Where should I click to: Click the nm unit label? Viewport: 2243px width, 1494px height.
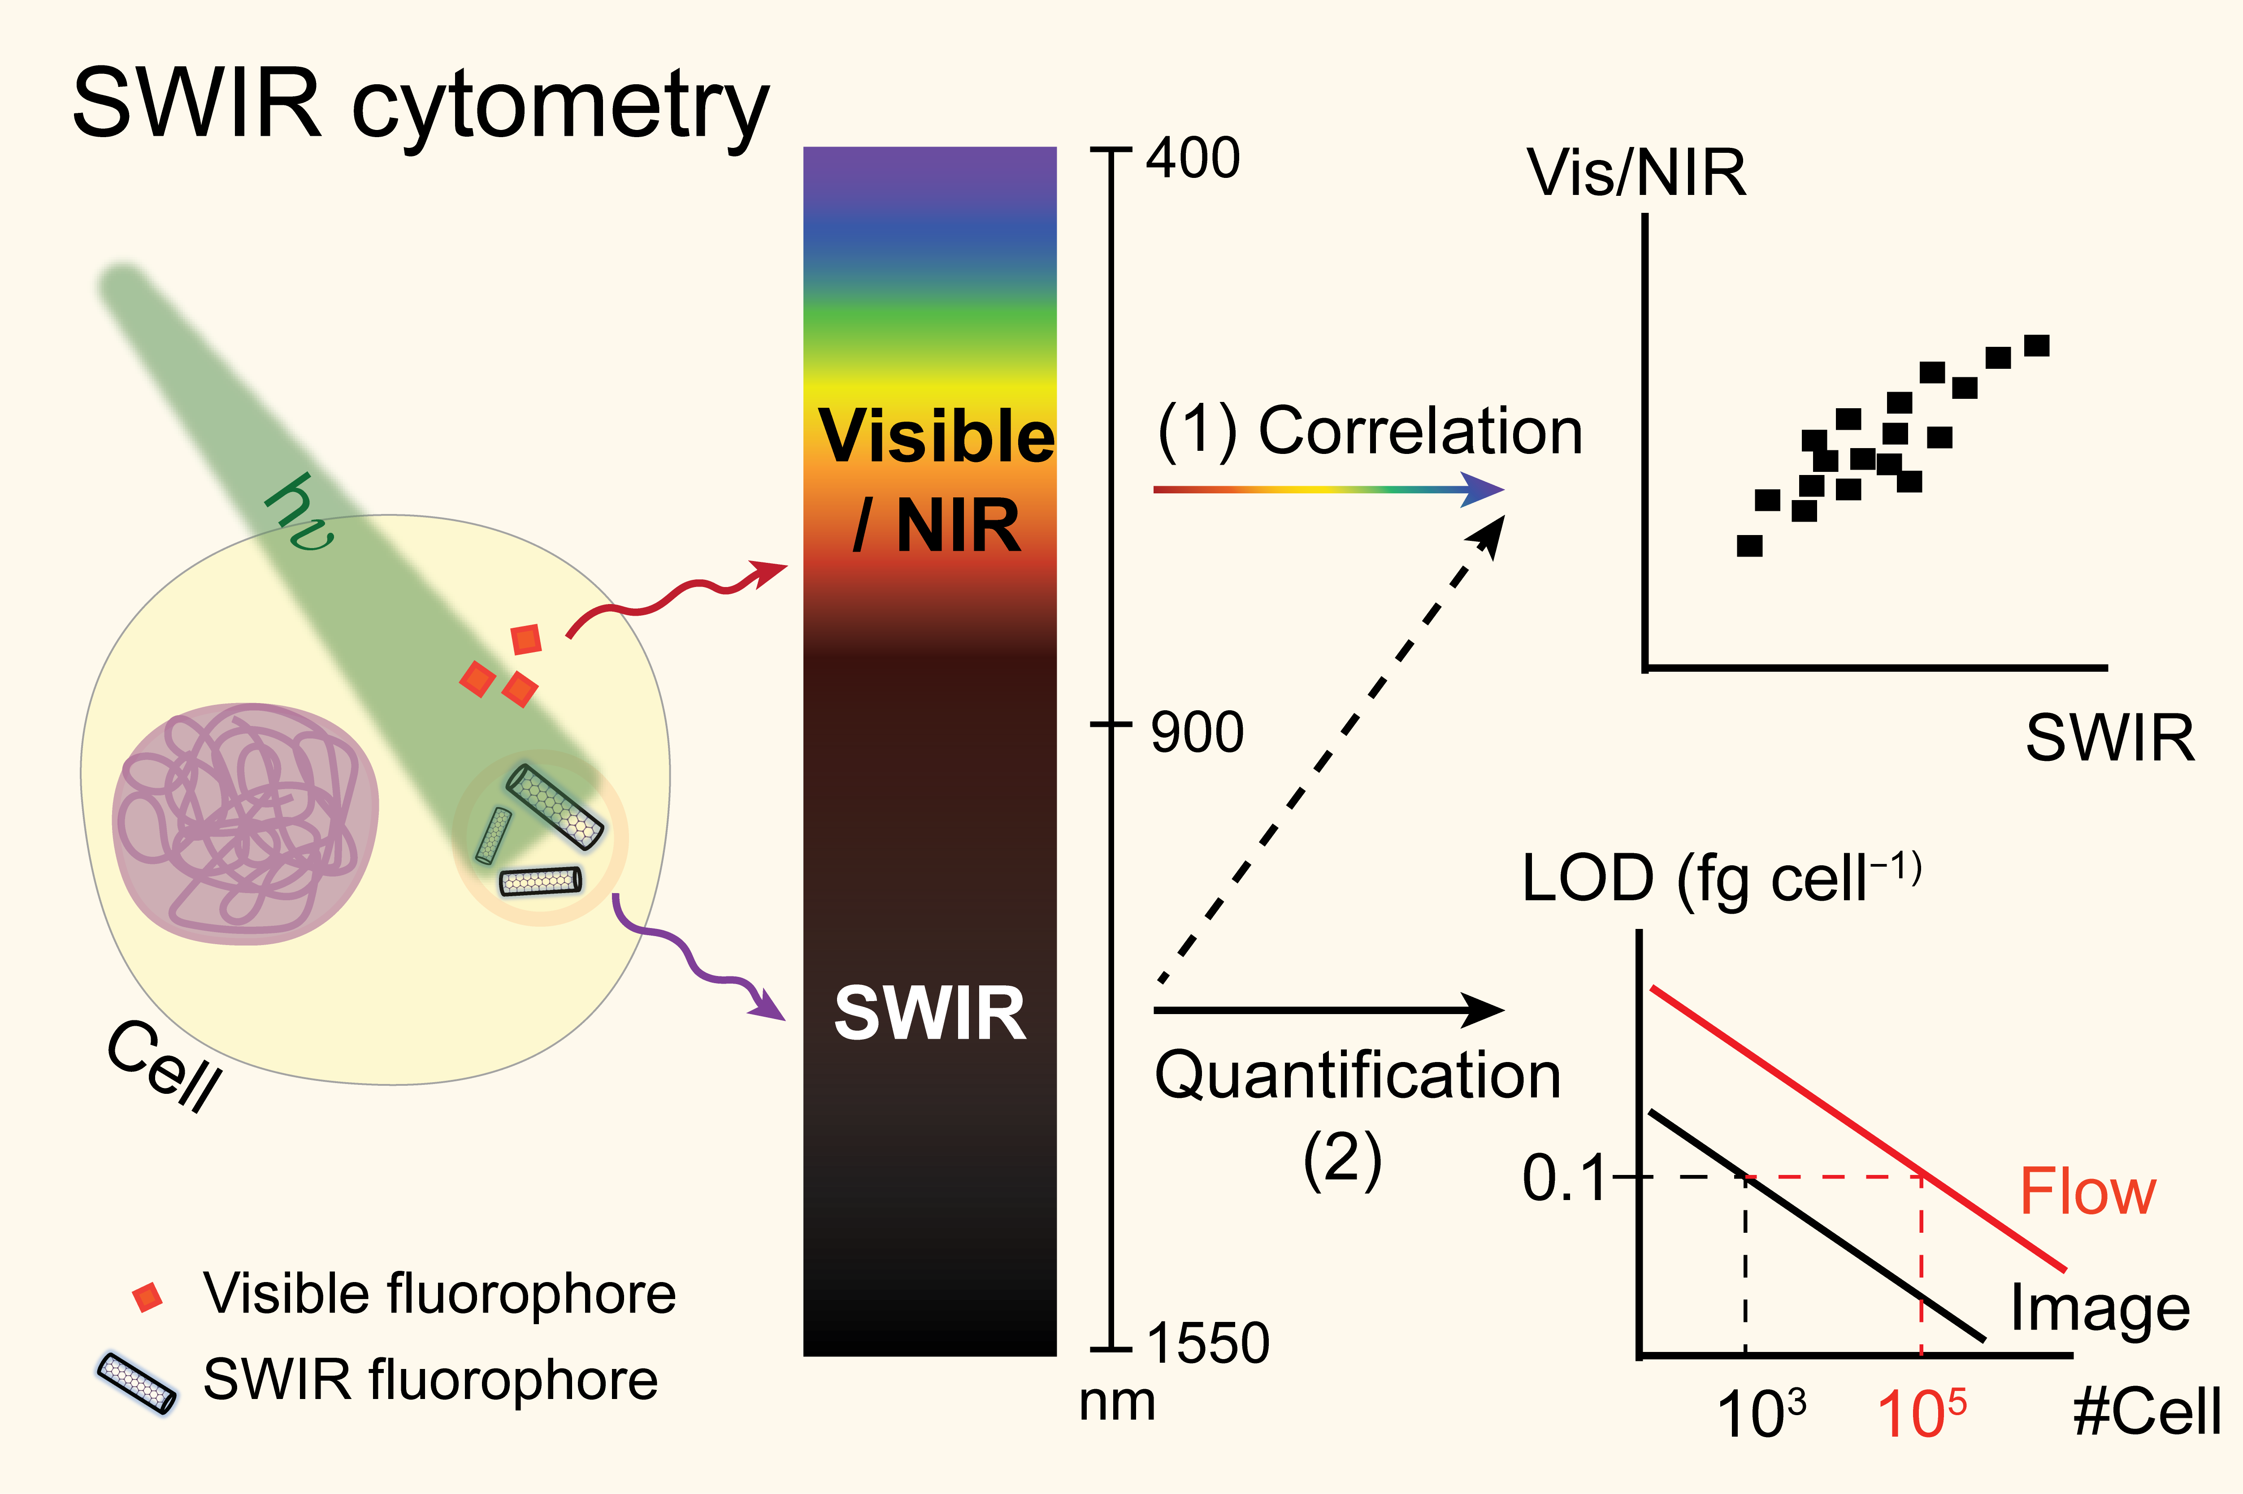pos(1117,1403)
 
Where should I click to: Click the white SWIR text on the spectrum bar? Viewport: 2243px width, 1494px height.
pos(929,1013)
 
